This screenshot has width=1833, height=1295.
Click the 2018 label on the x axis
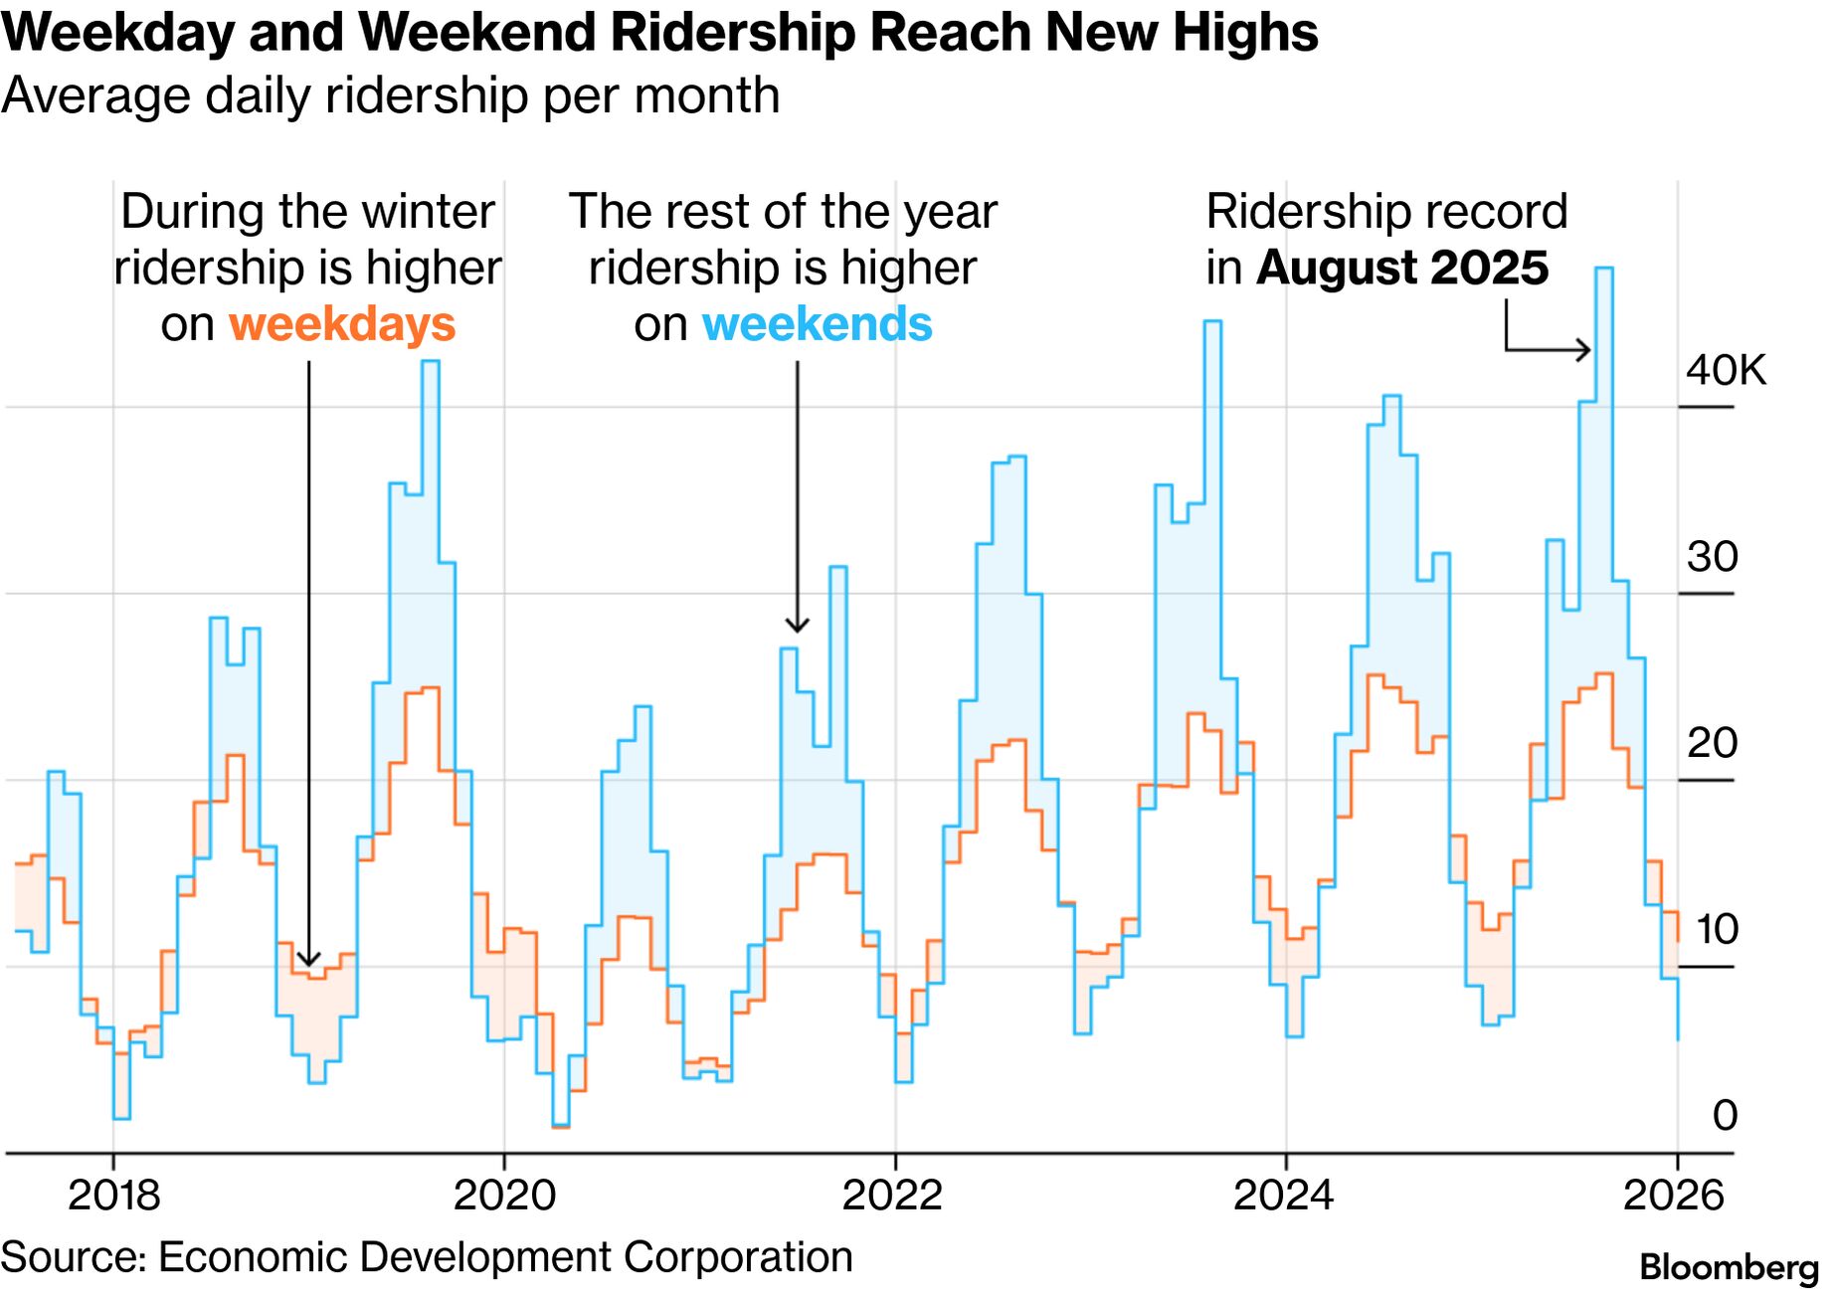(113, 1195)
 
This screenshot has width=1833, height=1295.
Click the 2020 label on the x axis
(504, 1195)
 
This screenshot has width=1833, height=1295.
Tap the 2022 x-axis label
(892, 1195)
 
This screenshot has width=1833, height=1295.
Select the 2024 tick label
(1283, 1195)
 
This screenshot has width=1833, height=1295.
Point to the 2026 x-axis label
(1673, 1195)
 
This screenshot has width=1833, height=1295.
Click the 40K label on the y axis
(1726, 370)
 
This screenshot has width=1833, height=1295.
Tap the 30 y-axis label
(1712, 557)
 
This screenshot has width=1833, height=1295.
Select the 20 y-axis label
(1712, 743)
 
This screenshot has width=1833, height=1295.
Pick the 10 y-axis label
(1716, 929)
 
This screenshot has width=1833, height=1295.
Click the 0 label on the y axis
(1726, 1115)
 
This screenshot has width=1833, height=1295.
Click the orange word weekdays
(342, 325)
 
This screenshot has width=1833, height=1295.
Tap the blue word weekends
(818, 325)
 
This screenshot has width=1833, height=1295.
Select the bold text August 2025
(1402, 269)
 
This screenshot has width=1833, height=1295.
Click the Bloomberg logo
(1729, 1267)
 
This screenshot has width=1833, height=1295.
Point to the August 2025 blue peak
(1603, 269)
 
